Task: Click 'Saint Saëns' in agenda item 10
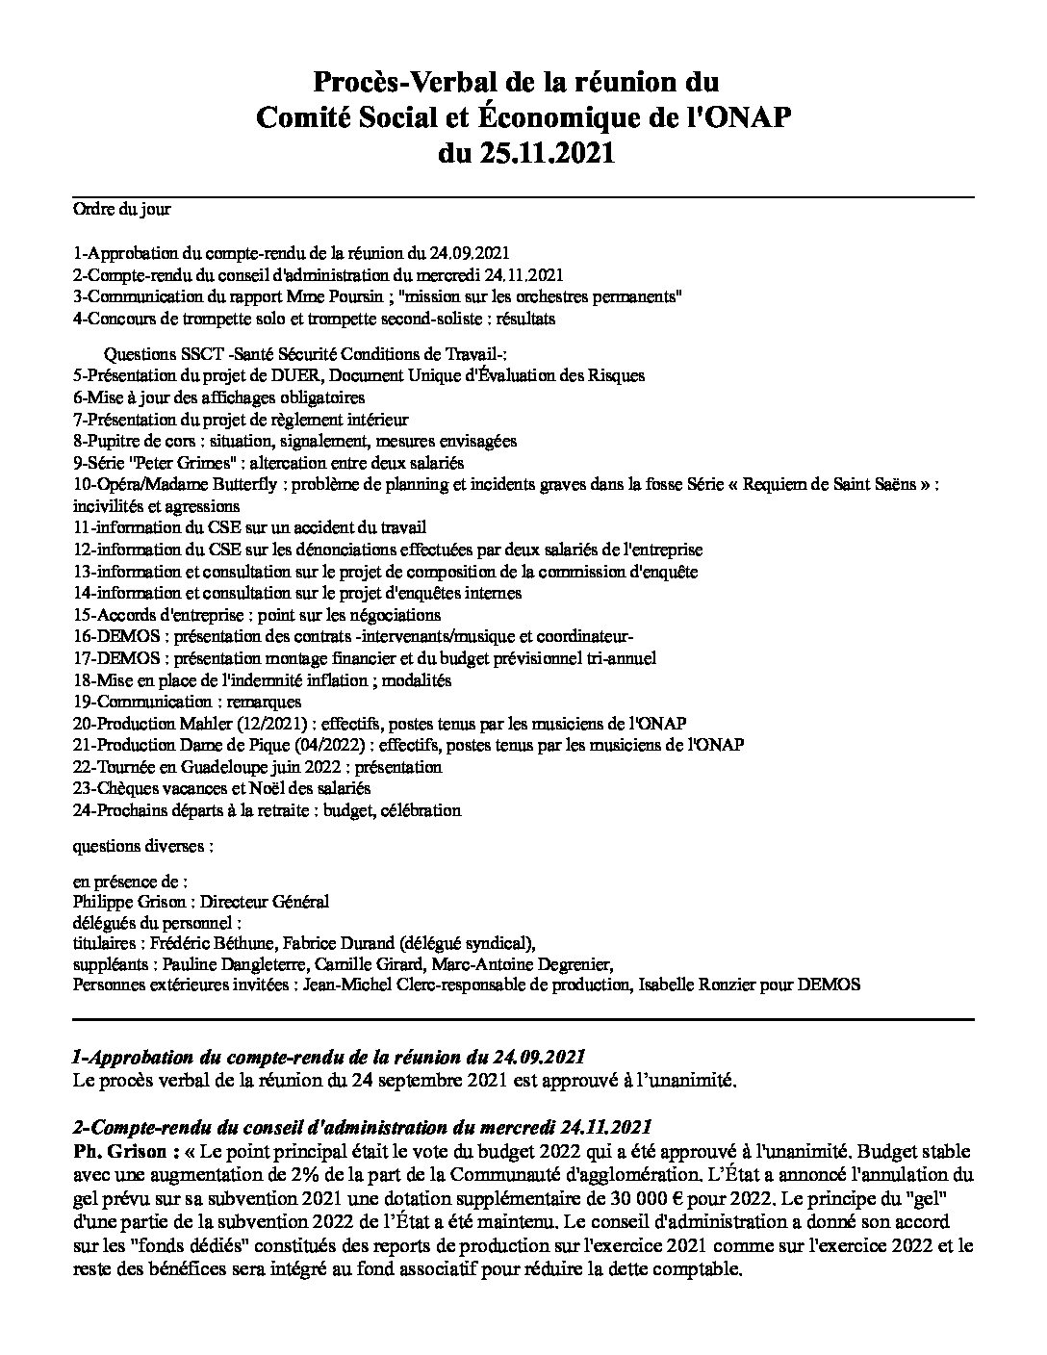coord(872,485)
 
